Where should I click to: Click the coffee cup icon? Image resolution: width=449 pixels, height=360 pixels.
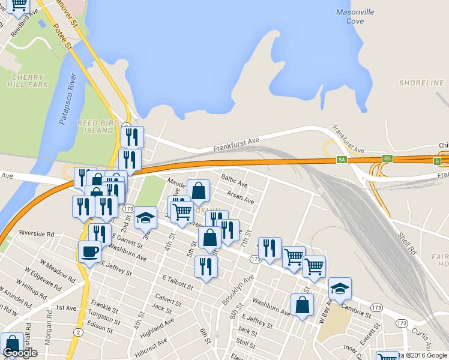tap(89, 251)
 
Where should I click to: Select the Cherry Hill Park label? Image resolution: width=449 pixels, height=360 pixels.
tap(29, 81)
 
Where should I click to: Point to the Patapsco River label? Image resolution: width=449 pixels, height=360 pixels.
tap(68, 99)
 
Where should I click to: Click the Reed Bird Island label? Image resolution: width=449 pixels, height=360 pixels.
tap(95, 126)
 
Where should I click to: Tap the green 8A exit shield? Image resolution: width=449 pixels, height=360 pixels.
tap(342, 159)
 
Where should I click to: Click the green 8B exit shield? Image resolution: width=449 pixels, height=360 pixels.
tap(388, 159)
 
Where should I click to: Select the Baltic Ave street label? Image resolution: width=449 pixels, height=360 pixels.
tap(234, 181)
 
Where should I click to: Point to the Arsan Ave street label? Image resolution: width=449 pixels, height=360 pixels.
tap(241, 197)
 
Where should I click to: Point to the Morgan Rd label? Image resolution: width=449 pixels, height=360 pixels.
tap(48, 340)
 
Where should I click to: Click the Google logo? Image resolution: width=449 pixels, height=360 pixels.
tap(20, 353)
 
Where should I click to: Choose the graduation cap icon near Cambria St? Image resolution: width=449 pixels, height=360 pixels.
tap(340, 288)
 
